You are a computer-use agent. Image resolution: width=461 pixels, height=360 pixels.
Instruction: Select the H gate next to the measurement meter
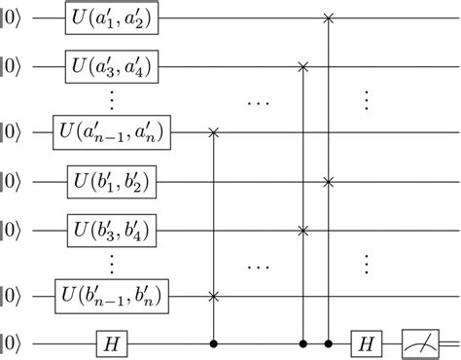(x=368, y=343)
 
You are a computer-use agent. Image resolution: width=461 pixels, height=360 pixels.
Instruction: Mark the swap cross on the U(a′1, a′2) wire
(x=330, y=18)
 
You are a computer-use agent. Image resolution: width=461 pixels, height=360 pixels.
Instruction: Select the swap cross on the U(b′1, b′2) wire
(x=330, y=181)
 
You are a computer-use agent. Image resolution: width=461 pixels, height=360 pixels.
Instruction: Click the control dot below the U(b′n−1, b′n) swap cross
(x=213, y=343)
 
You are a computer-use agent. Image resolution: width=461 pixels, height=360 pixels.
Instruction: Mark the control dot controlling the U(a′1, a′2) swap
(x=330, y=343)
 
